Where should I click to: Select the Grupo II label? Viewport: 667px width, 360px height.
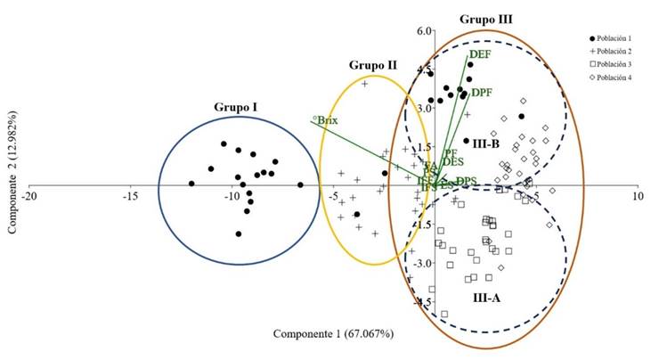point(371,65)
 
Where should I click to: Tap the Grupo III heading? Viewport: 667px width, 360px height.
point(486,19)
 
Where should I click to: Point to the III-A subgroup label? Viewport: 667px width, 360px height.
point(484,297)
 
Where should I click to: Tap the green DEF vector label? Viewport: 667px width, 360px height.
point(482,55)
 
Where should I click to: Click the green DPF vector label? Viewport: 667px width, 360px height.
point(483,93)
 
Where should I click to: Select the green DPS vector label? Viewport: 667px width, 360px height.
point(465,182)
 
